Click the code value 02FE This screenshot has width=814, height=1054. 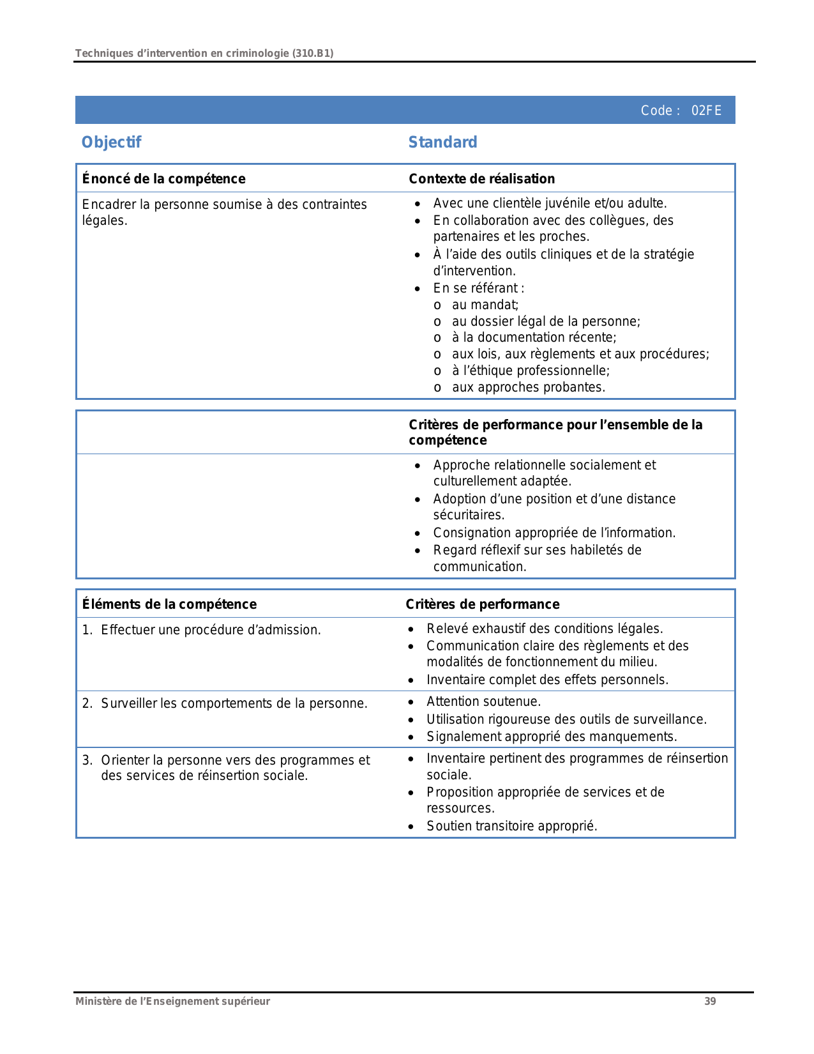[x=706, y=111]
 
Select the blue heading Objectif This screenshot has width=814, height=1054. [x=111, y=142]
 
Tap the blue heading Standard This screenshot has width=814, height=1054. [x=442, y=142]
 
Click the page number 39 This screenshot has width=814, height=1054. [x=710, y=1001]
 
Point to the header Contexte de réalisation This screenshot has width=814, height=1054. [x=481, y=179]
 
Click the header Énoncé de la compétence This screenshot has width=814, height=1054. [x=163, y=179]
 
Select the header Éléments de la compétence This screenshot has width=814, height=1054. [x=169, y=604]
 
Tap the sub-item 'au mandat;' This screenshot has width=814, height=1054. [x=485, y=305]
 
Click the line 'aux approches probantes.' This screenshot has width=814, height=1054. [x=528, y=387]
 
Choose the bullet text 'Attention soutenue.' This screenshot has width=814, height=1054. [x=483, y=701]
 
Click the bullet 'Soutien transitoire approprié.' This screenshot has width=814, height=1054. [x=511, y=826]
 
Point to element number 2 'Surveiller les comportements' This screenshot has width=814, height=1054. [x=234, y=703]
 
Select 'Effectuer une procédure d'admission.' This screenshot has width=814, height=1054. [x=211, y=630]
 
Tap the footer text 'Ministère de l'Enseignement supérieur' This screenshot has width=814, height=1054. [x=172, y=1001]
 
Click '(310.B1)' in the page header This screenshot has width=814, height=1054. [x=312, y=53]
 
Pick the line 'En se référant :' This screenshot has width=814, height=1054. [x=478, y=288]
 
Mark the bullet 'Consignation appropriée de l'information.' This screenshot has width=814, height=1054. [x=554, y=533]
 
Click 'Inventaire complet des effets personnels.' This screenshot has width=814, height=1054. [x=547, y=680]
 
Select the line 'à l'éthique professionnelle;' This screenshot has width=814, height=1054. [x=531, y=370]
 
